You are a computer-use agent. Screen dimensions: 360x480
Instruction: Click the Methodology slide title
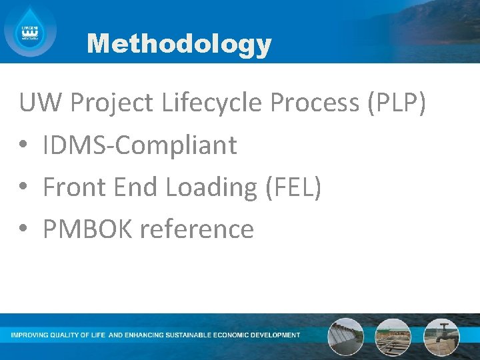tap(179, 44)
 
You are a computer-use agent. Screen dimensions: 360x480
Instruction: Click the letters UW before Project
tap(40, 103)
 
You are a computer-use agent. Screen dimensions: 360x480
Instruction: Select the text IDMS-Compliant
tap(139, 145)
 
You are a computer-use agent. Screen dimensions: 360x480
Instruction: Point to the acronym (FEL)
tap(293, 187)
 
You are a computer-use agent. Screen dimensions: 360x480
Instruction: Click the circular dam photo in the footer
tap(345, 337)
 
